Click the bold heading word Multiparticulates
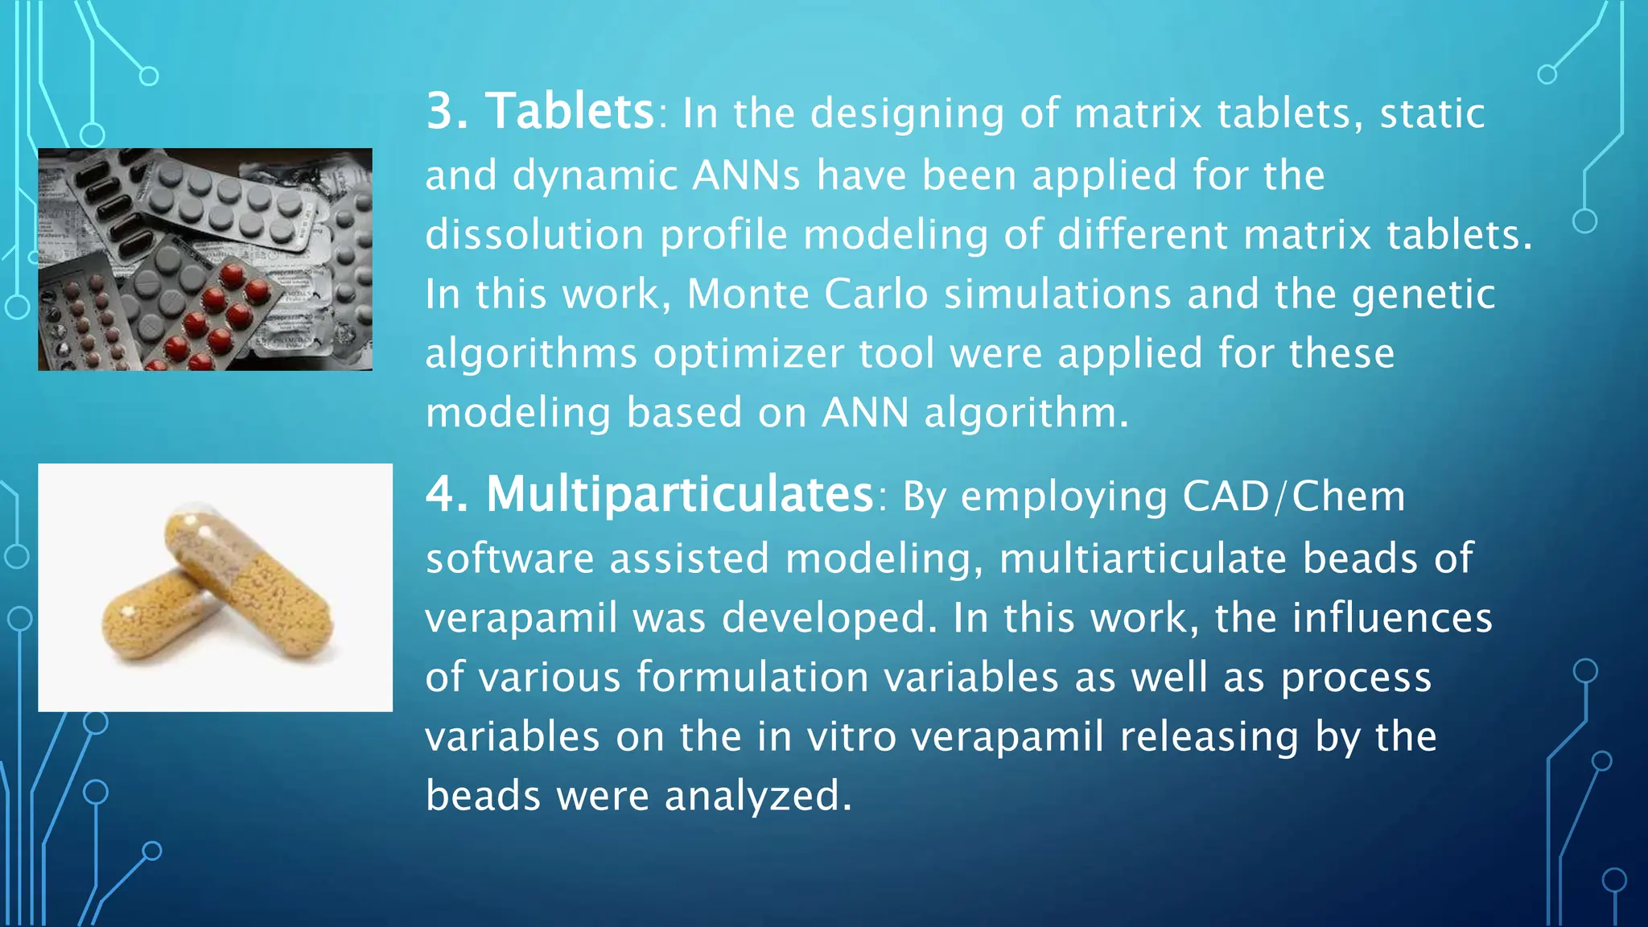coord(680,494)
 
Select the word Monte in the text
coord(748,294)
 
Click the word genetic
coord(1423,295)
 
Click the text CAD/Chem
coord(1293,496)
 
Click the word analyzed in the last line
coord(757,797)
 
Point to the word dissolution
coord(534,235)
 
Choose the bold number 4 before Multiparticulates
coord(446,494)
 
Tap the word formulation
coord(752,677)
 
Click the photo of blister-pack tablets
coord(205,259)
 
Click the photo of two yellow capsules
coord(216,587)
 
